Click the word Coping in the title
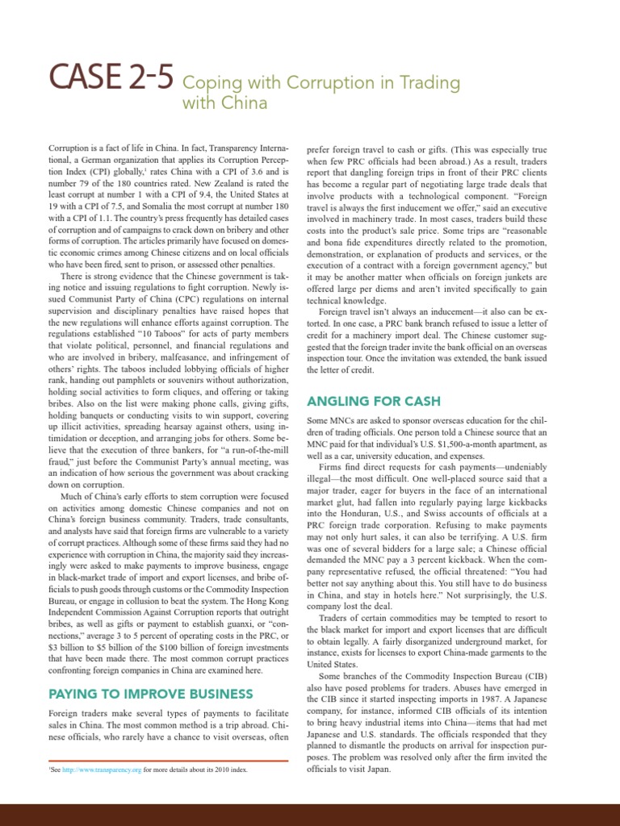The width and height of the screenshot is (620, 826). pos(206,83)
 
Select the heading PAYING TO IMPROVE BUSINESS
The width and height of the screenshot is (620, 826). pos(151,693)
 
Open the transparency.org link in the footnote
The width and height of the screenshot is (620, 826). pos(107,770)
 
